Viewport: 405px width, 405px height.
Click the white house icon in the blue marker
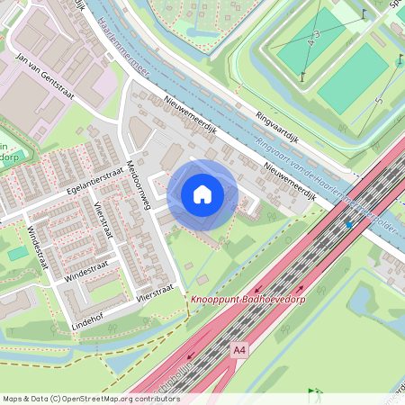[202, 194]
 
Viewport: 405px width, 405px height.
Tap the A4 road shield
[239, 349]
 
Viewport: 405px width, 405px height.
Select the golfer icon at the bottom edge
[315, 392]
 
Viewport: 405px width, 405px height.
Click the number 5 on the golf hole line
[379, 101]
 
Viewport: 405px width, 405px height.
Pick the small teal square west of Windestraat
[18, 253]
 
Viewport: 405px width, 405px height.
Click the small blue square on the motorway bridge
[349, 225]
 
